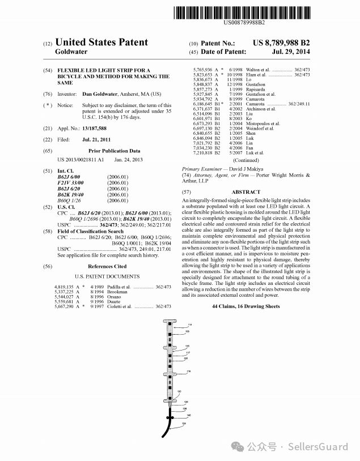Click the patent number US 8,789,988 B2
(x=281, y=43)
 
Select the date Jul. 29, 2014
(x=291, y=52)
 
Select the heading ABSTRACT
(x=246, y=193)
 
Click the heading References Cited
(x=107, y=266)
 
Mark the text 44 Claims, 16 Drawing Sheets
(x=245, y=306)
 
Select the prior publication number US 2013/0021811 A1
(x=81, y=160)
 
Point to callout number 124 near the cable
(x=184, y=423)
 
